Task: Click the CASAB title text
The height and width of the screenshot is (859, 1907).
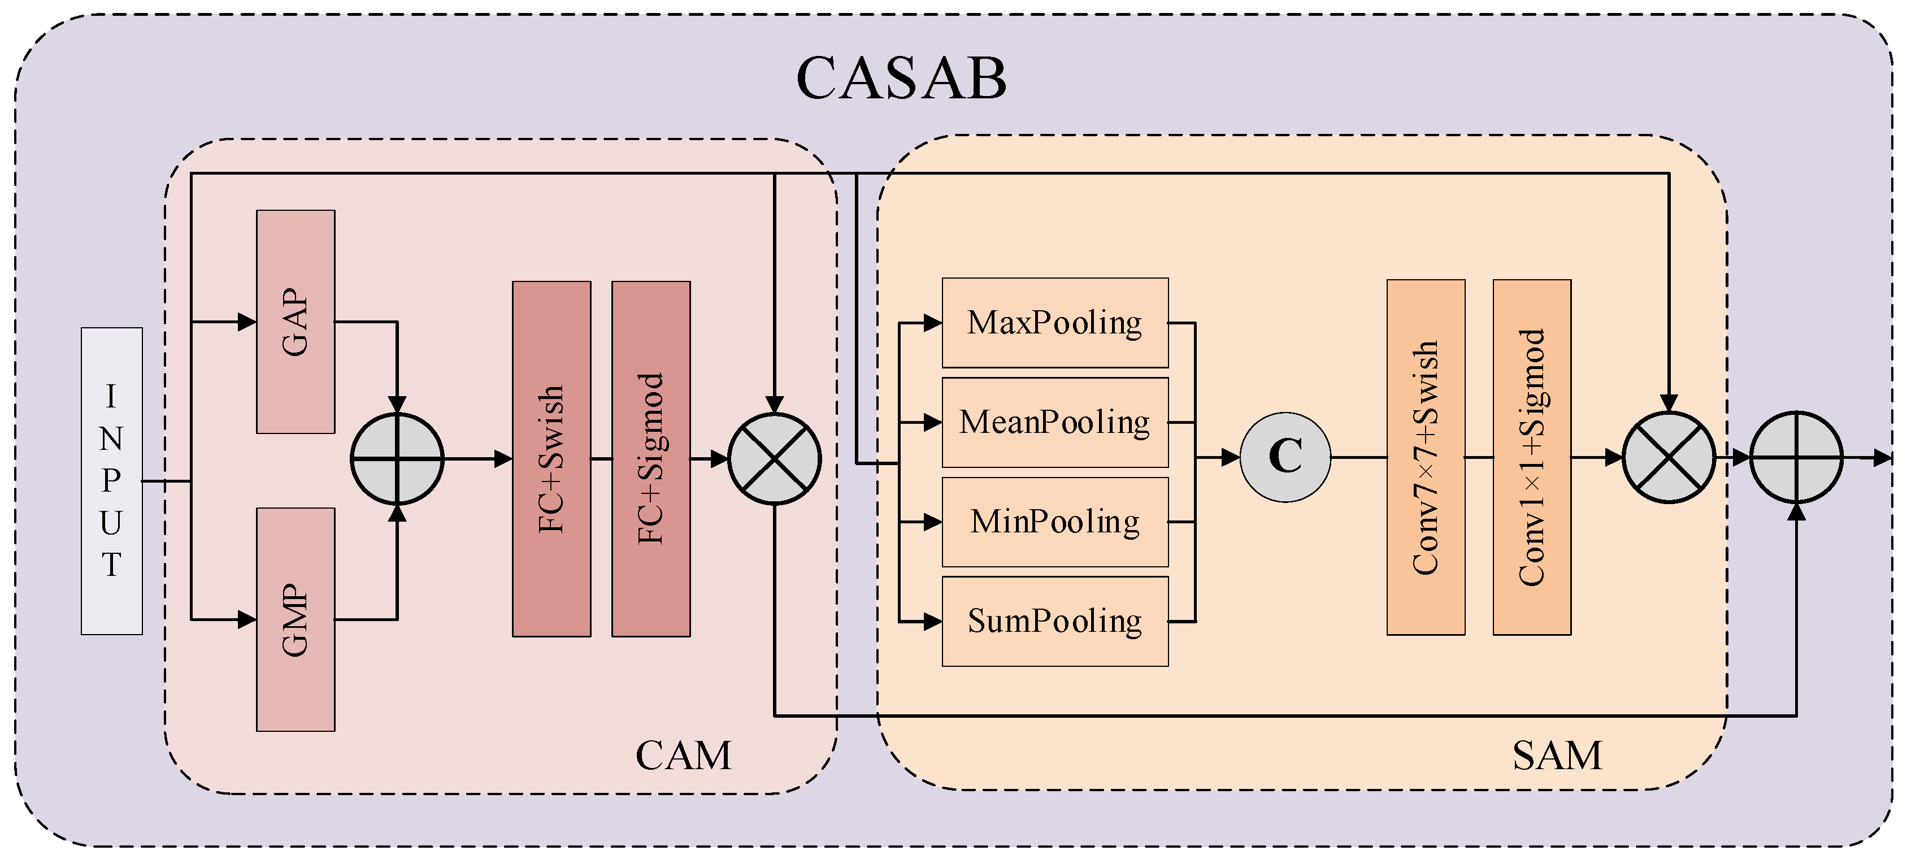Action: click(901, 78)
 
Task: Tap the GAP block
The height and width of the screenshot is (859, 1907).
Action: click(296, 322)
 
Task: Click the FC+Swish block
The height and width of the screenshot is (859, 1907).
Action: click(551, 458)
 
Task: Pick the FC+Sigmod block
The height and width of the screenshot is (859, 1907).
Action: click(651, 458)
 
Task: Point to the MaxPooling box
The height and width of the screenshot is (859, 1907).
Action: click(1055, 323)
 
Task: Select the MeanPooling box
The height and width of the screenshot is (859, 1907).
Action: click(1055, 422)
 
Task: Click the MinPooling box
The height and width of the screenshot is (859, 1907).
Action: click(1055, 522)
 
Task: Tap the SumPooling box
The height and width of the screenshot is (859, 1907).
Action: click(1055, 621)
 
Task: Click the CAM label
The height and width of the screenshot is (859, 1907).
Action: click(683, 756)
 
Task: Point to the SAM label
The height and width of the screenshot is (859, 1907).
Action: click(1557, 756)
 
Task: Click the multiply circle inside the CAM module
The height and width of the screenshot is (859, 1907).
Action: click(774, 459)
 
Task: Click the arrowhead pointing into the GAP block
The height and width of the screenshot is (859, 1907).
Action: click(247, 322)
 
